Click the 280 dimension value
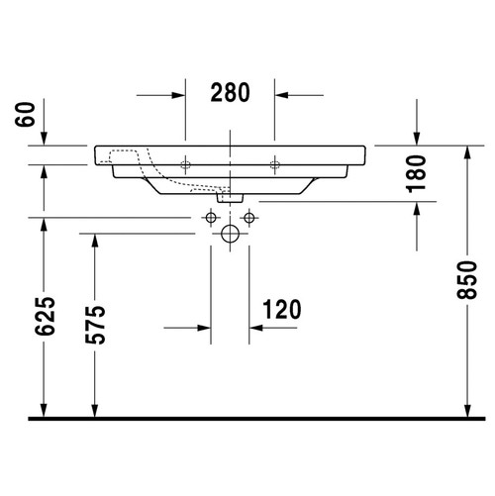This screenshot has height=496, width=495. click(230, 93)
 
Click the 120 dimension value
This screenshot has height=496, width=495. click(281, 310)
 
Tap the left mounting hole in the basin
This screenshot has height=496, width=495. click(185, 161)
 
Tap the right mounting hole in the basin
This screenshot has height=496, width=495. click(275, 161)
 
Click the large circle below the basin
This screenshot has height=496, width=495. click(230, 235)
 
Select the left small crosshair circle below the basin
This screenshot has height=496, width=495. click(210, 217)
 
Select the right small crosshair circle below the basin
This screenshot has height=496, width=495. click(249, 217)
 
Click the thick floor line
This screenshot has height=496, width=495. click(247, 419)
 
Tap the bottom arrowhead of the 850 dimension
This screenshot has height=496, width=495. click(465, 409)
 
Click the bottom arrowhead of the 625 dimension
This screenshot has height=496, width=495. click(44, 409)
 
